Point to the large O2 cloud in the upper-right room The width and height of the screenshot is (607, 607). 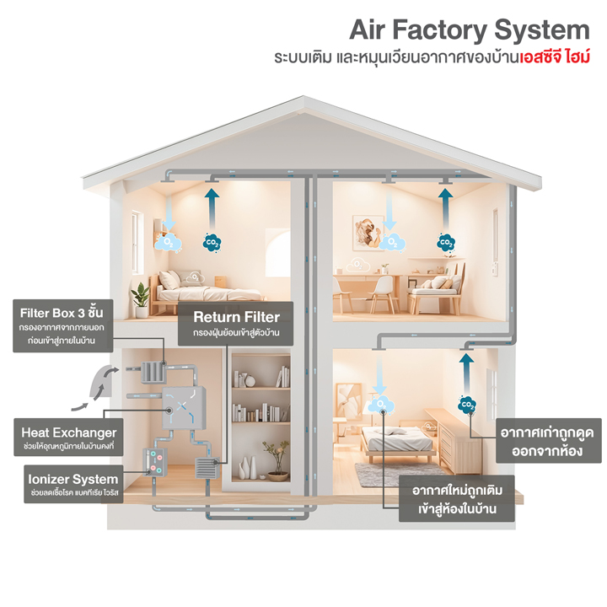point(390,242)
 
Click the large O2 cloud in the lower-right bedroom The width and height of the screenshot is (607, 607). point(382,406)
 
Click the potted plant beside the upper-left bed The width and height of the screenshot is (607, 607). point(140,296)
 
